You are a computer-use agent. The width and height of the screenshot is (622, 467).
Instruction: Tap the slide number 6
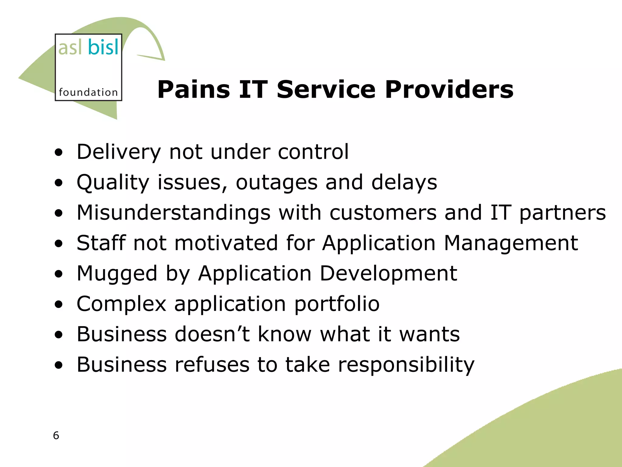pyautogui.click(x=56, y=435)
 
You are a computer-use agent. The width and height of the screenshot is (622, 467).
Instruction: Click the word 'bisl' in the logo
pyautogui.click(x=103, y=47)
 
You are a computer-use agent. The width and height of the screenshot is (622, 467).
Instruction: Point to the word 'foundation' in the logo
pyautogui.click(x=88, y=92)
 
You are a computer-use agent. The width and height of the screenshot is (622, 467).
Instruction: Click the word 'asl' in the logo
pyautogui.click(x=70, y=48)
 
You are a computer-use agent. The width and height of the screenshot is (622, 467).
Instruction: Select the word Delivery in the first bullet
pyautogui.click(x=118, y=152)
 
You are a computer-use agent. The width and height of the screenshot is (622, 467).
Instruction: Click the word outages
pyautogui.click(x=276, y=182)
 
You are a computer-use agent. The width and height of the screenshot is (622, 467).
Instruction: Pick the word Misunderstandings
pyautogui.click(x=173, y=213)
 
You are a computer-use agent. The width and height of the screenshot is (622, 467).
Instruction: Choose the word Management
pyautogui.click(x=511, y=243)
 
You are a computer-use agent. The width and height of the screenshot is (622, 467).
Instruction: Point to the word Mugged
pyautogui.click(x=117, y=274)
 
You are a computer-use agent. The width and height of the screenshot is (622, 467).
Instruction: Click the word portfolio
pyautogui.click(x=337, y=304)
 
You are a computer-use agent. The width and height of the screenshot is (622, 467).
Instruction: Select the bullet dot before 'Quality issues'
pyautogui.click(x=59, y=183)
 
